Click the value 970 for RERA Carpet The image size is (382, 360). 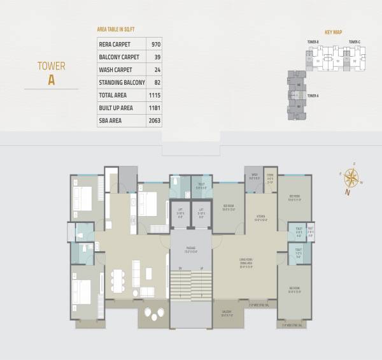pyautogui.click(x=154, y=45)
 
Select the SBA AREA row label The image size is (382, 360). pyautogui.click(x=110, y=120)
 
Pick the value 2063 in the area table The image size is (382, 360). pyautogui.click(x=154, y=120)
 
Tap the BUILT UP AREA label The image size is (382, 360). pyautogui.click(x=116, y=107)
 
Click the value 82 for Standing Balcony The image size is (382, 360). pyautogui.click(x=155, y=82)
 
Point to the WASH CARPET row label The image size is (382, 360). pyautogui.click(x=115, y=69)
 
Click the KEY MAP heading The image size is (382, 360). pyautogui.click(x=334, y=31)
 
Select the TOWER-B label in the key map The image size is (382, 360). pyautogui.click(x=313, y=42)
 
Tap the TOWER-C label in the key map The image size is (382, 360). pyautogui.click(x=355, y=42)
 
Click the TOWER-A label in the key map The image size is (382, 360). pyautogui.click(x=313, y=96)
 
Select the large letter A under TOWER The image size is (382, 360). pyautogui.click(x=52, y=80)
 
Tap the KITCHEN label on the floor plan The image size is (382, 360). pyautogui.click(x=260, y=217)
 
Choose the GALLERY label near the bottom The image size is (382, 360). pyautogui.click(x=227, y=312)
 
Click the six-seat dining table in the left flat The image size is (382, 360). pyautogui.click(x=117, y=280)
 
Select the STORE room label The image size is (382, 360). pyautogui.click(x=270, y=178)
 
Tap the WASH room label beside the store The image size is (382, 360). pyautogui.click(x=254, y=178)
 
